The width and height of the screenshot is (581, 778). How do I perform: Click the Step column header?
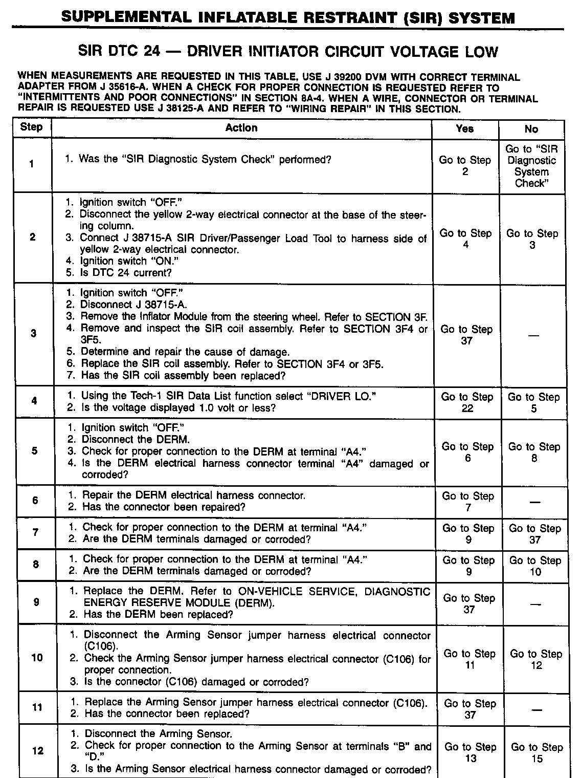[31, 127]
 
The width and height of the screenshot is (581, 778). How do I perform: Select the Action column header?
[241, 128]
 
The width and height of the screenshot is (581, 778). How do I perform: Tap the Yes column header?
[464, 129]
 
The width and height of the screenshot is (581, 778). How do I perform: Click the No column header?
[531, 129]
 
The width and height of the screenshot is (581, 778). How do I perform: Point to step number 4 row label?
[34, 401]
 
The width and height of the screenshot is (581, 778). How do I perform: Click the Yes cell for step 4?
[467, 402]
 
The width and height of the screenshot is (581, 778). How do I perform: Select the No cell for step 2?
[532, 239]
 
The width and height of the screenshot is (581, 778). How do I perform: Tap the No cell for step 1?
[531, 166]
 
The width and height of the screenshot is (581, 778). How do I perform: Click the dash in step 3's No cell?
[533, 335]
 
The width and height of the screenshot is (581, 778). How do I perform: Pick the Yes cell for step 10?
[470, 659]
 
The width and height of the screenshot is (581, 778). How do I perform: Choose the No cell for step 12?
[537, 752]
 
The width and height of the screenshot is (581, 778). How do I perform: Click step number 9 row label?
[36, 602]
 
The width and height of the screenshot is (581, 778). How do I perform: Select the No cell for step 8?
[535, 566]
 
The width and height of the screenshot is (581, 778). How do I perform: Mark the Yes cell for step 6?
[468, 502]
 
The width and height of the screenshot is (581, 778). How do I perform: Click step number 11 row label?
[37, 707]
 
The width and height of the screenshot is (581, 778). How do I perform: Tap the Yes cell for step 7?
[468, 534]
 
